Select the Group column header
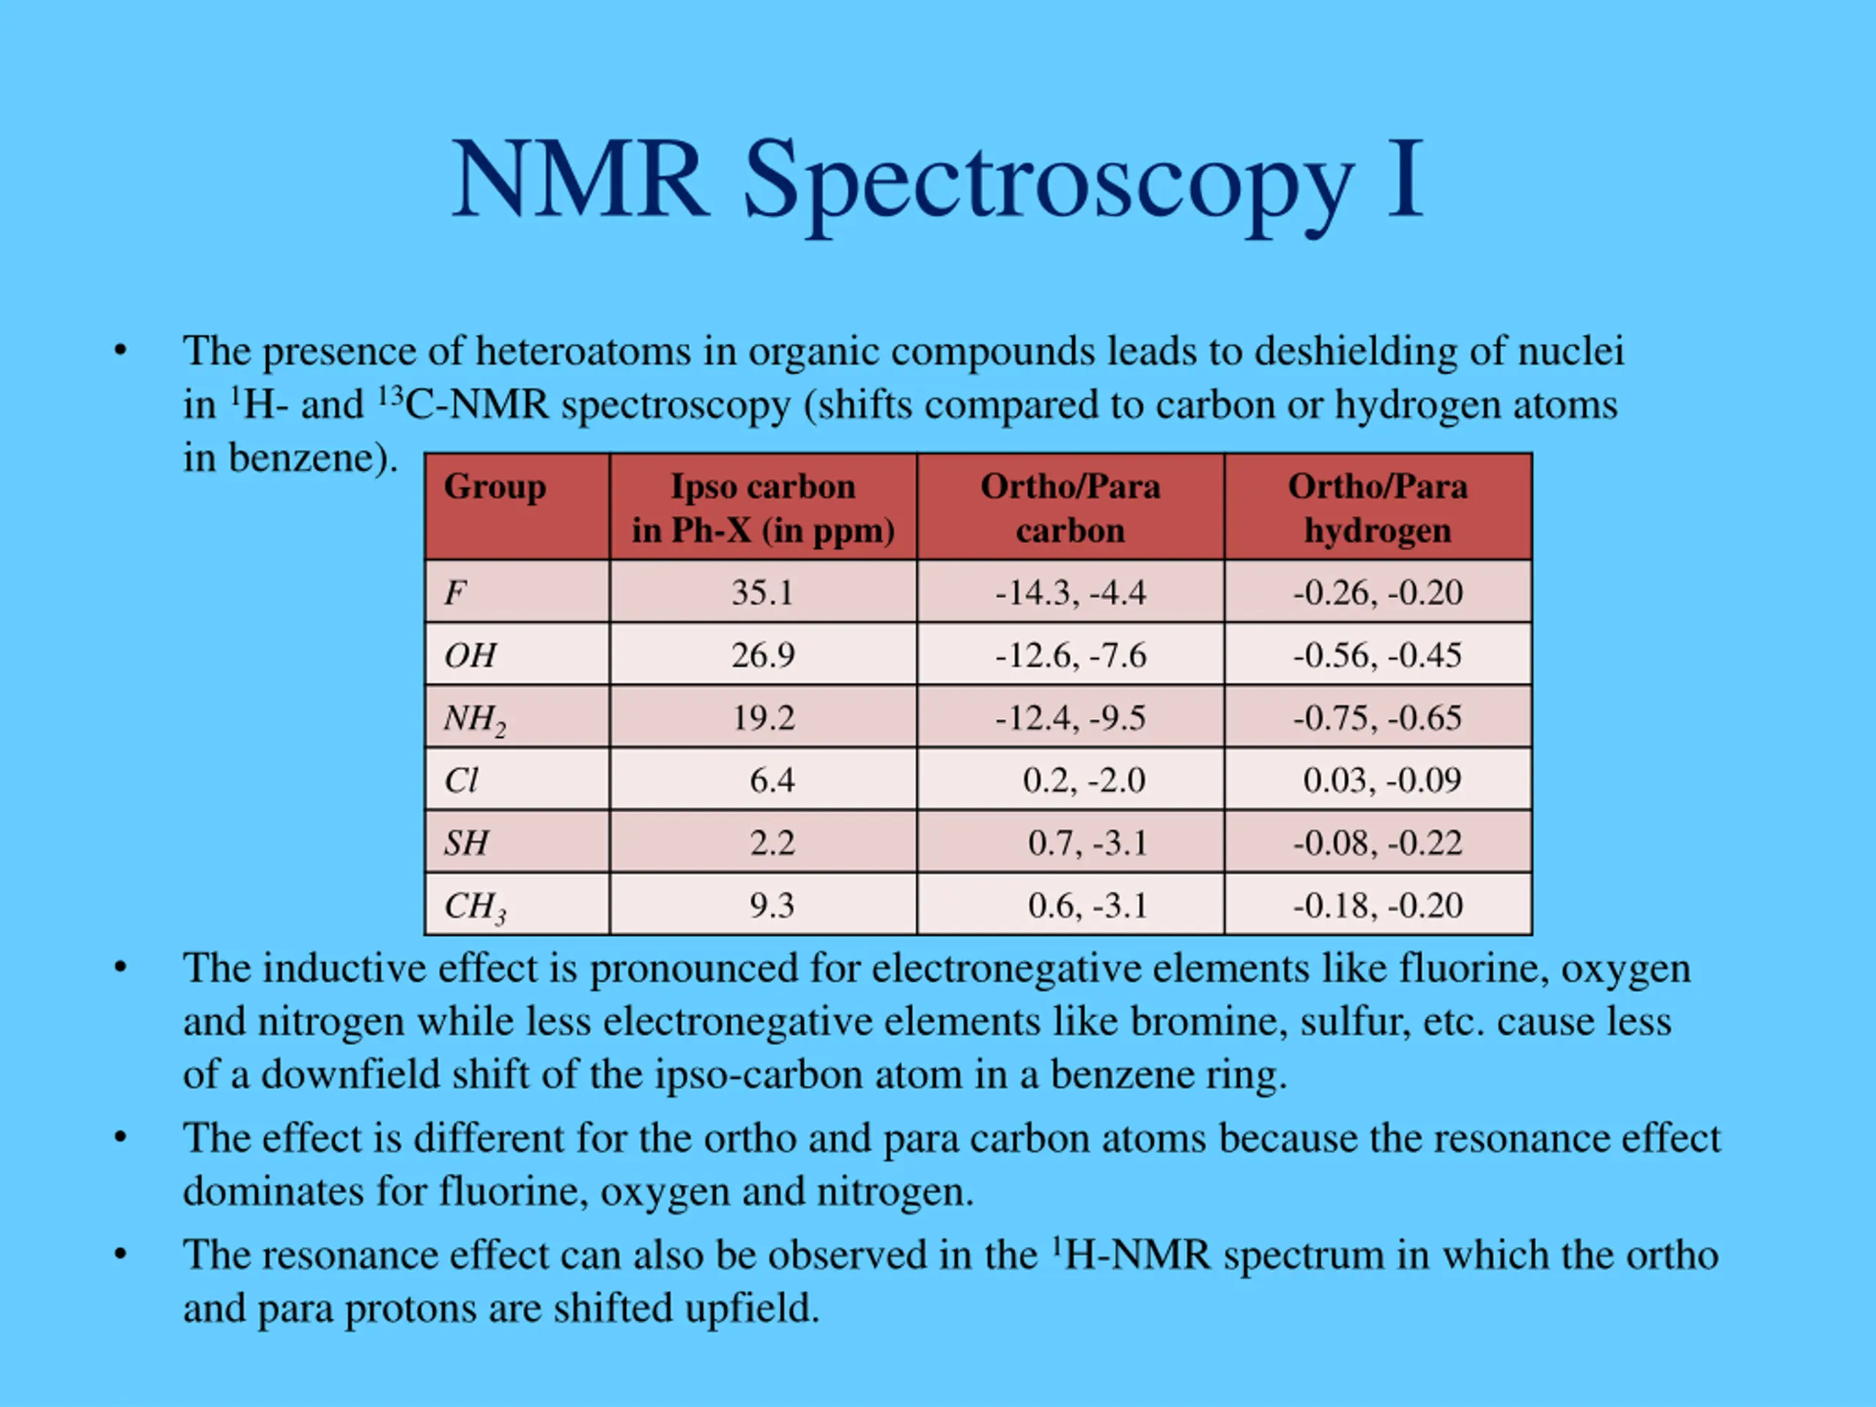[x=495, y=487]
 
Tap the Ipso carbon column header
[x=762, y=507]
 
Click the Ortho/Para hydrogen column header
[x=1377, y=507]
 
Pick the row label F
[x=455, y=591]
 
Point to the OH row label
[x=470, y=654]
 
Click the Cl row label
[x=462, y=780]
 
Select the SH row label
[x=467, y=843]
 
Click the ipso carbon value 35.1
[x=762, y=592]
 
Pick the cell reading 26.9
[x=762, y=654]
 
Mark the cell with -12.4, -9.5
[x=1071, y=718]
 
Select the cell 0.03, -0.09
[x=1381, y=780]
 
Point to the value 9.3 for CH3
[x=771, y=906]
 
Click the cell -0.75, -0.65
[x=1377, y=718]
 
